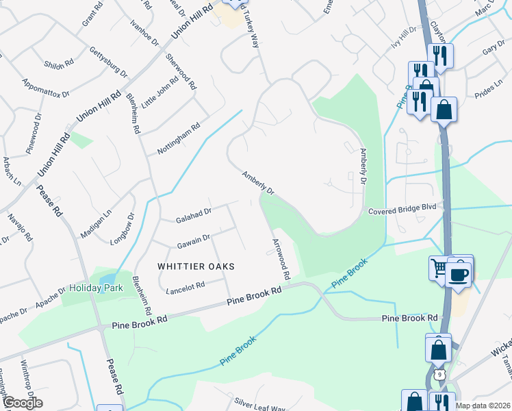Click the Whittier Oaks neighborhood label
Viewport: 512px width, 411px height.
196,266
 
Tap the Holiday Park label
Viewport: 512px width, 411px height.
96,288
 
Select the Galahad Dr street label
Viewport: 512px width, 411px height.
193,214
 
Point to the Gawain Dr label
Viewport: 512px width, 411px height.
192,240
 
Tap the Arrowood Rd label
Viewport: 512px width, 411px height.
281,260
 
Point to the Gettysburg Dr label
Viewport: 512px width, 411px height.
109,62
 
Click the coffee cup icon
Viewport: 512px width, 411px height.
459,275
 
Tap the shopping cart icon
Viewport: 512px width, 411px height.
438,267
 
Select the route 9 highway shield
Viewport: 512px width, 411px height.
440,374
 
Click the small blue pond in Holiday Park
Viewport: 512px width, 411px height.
109,279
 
